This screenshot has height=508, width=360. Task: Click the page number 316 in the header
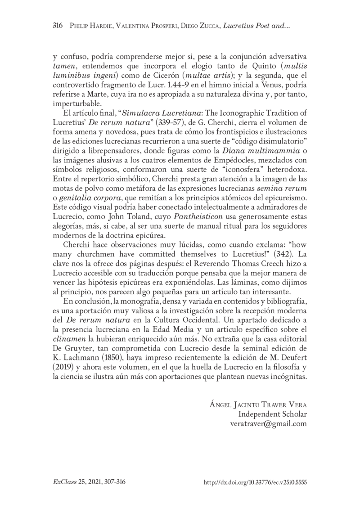point(58,26)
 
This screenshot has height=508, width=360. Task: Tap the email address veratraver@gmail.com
point(268,423)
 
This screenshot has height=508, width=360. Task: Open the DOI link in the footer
point(256,482)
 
